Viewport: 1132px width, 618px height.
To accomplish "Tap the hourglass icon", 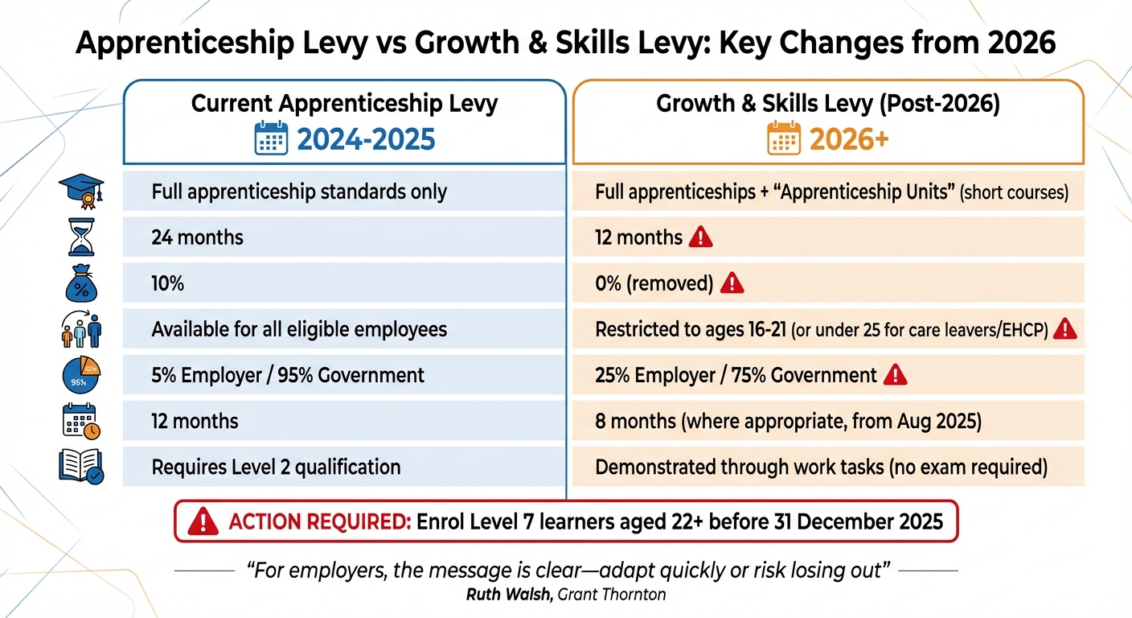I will click(x=81, y=238).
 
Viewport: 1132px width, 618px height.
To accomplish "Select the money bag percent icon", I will click(x=81, y=282).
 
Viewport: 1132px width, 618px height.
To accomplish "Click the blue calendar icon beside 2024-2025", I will click(x=271, y=139).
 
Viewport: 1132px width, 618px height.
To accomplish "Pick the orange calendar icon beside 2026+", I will click(x=785, y=139).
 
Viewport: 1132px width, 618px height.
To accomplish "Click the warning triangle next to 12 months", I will click(x=701, y=237).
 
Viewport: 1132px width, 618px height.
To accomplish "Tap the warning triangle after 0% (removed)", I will click(x=732, y=282).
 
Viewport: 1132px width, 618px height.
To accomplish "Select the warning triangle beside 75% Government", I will click(x=895, y=375).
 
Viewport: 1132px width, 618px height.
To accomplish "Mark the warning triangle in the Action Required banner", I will click(x=203, y=521).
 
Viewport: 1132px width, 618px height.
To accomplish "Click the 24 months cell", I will click(x=197, y=238).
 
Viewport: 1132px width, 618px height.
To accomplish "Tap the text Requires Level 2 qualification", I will click(x=276, y=467).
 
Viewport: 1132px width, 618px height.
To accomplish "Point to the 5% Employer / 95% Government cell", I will click(x=288, y=375).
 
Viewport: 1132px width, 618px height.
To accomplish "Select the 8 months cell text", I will click(x=788, y=421).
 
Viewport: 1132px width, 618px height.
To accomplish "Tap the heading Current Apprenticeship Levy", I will click(x=344, y=104).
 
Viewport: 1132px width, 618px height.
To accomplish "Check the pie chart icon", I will click(x=81, y=375).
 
